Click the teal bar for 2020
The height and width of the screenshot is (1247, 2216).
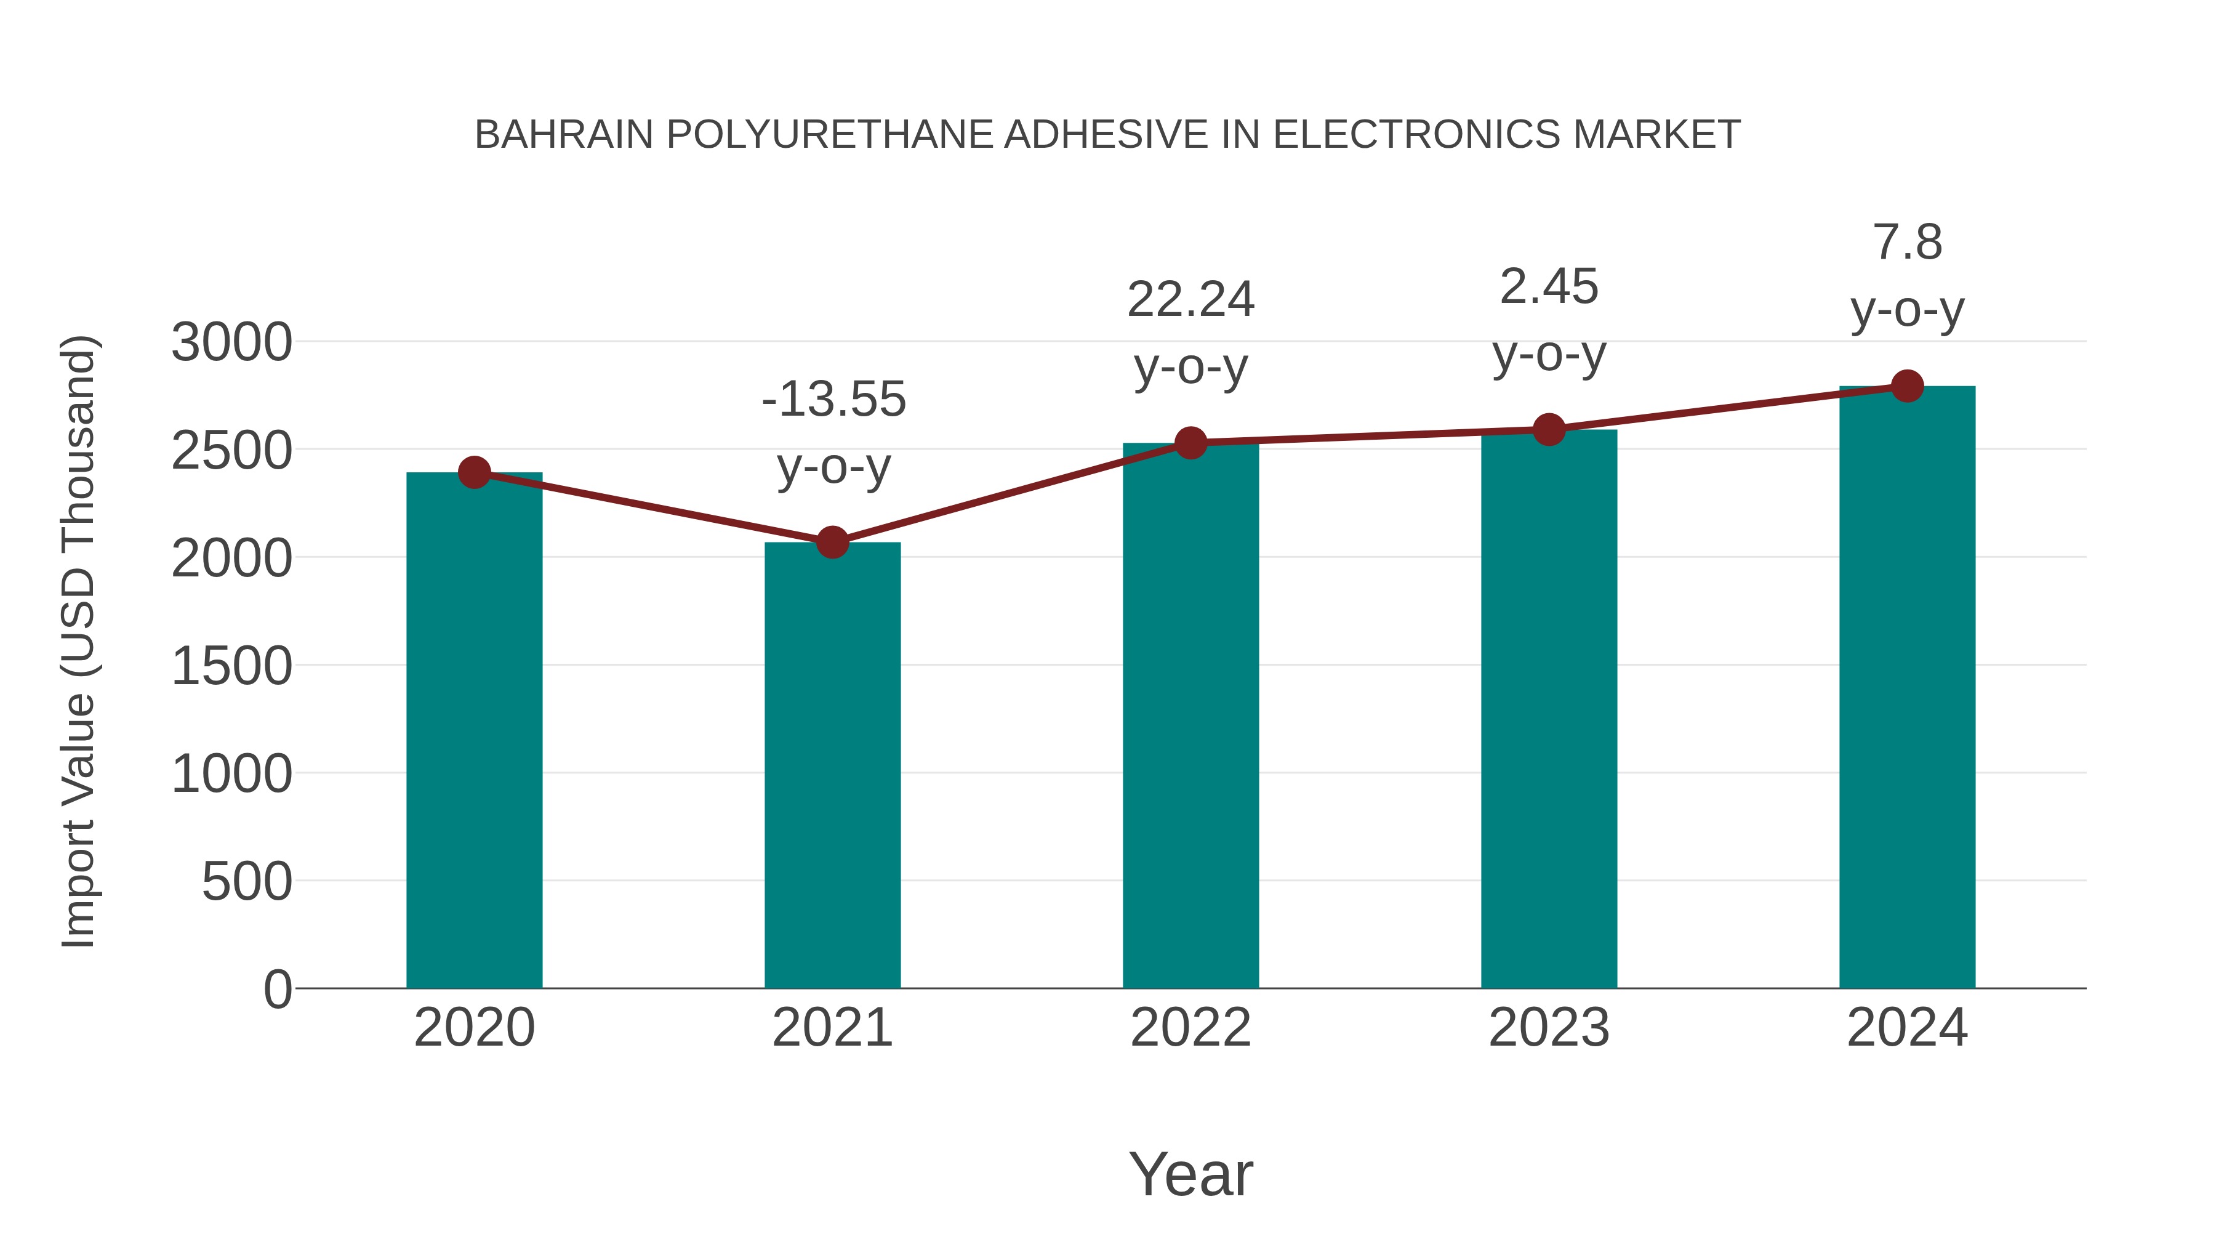point(474,732)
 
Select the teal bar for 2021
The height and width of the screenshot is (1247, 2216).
point(832,766)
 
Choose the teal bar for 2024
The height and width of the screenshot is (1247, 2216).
point(1907,688)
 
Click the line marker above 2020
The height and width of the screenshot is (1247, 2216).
point(474,472)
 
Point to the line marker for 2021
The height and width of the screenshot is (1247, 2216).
point(832,542)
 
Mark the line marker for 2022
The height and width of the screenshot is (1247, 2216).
point(1190,443)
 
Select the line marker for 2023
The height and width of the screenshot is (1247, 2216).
point(1549,429)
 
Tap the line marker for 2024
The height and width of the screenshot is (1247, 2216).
point(1907,386)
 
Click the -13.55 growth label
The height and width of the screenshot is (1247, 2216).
point(833,400)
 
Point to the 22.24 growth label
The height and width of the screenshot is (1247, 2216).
point(1190,301)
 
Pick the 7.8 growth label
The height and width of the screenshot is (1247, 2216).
point(1907,243)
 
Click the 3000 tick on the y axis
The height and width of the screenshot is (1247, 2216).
point(231,342)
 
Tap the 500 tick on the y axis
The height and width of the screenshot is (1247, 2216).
point(247,882)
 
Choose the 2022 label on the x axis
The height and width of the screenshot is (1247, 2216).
point(1190,1028)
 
